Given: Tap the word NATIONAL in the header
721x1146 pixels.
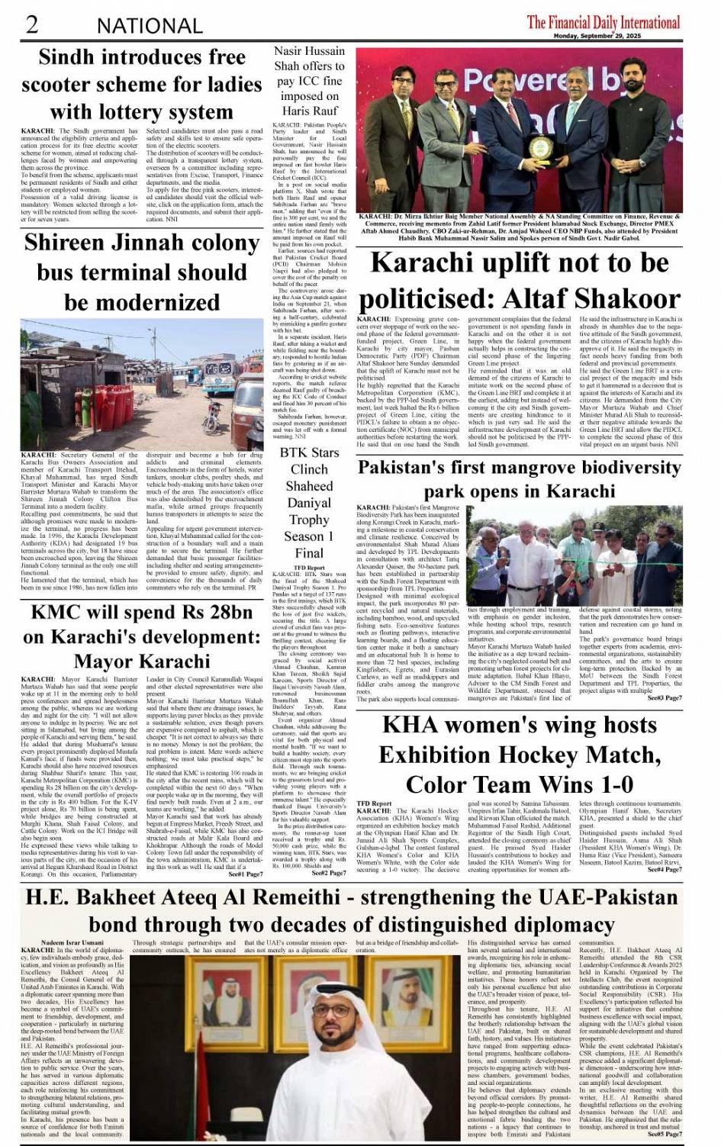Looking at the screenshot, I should pyautogui.click(x=150, y=26).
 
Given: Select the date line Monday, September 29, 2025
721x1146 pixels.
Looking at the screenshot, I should pyautogui.click(x=597, y=36).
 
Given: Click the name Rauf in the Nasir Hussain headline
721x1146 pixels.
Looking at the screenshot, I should pyautogui.click(x=324, y=111).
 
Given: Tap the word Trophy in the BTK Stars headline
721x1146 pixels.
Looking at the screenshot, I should pyautogui.click(x=309, y=520).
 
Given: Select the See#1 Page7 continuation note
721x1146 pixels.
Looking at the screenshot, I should pyautogui.click(x=245, y=874).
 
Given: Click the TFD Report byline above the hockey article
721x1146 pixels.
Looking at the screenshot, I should pyautogui.click(x=374, y=803).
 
